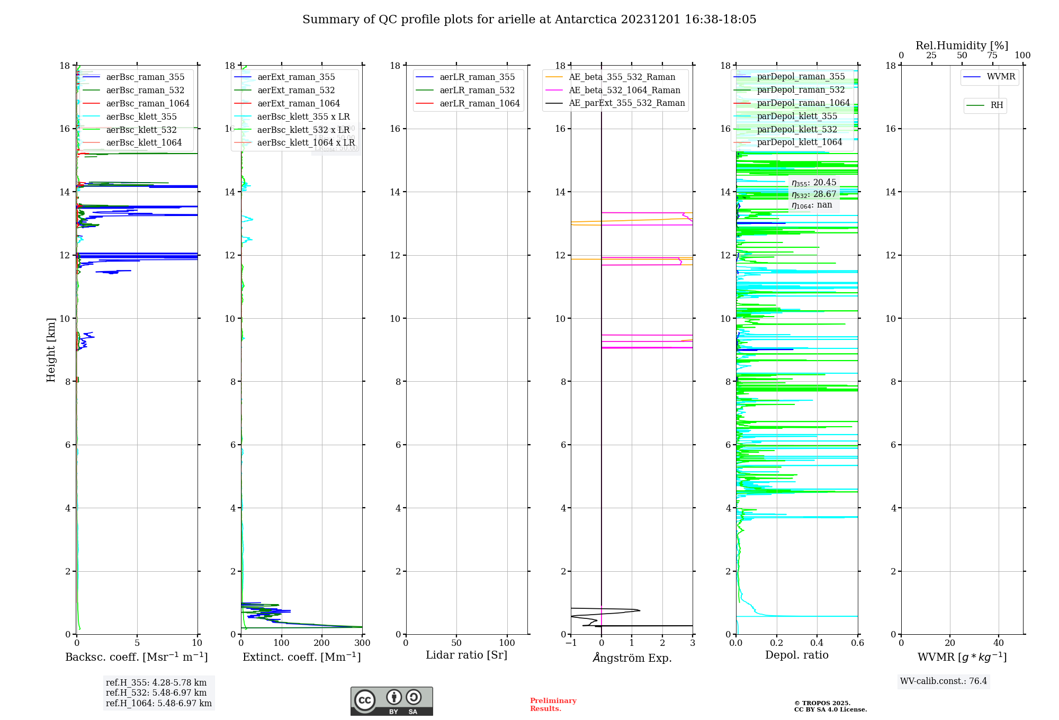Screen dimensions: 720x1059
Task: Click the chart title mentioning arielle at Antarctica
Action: point(529,20)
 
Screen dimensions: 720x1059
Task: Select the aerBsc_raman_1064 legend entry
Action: point(147,103)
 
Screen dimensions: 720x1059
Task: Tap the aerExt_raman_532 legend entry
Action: point(296,90)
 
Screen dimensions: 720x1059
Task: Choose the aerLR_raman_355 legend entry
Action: point(477,77)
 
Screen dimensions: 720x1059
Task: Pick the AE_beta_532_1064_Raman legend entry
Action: point(624,90)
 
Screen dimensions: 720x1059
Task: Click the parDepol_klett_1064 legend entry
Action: point(799,142)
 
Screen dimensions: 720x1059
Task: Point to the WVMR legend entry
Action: point(1000,77)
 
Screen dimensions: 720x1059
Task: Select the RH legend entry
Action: point(997,105)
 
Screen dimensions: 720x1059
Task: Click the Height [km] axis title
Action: point(51,349)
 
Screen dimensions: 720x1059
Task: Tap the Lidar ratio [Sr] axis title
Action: point(466,655)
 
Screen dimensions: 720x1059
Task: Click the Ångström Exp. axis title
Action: point(632,658)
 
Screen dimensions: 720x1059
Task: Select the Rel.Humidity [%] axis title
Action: point(962,46)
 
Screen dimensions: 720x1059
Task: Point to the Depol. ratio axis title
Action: point(796,655)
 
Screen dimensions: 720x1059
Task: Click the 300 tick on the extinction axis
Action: point(362,643)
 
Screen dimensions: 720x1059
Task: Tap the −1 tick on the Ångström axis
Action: point(570,643)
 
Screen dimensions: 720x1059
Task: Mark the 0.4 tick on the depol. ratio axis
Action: point(817,643)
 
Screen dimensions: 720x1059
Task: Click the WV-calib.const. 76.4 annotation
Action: point(944,681)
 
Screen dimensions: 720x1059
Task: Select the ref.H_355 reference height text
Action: point(156,683)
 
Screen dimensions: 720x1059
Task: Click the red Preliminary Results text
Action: point(553,704)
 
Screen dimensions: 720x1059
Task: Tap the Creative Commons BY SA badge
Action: point(391,701)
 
